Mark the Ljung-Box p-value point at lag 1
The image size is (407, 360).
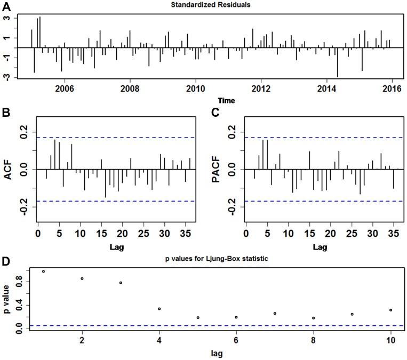tap(43, 271)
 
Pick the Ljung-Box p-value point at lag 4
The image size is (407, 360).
tap(159, 309)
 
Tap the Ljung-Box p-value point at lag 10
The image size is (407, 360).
tap(391, 310)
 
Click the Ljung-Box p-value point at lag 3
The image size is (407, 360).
tap(121, 283)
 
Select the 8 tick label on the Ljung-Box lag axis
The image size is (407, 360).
tap(314, 340)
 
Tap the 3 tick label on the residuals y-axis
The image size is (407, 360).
tap(8, 18)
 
